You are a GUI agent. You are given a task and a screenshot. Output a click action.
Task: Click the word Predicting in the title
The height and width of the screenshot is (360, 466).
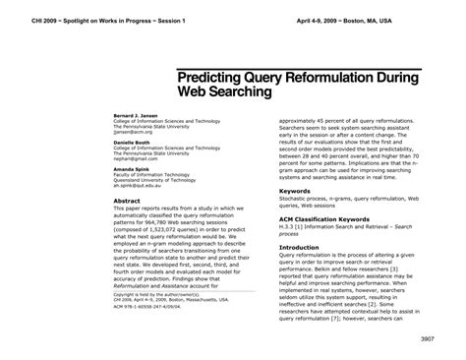pos(220,77)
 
